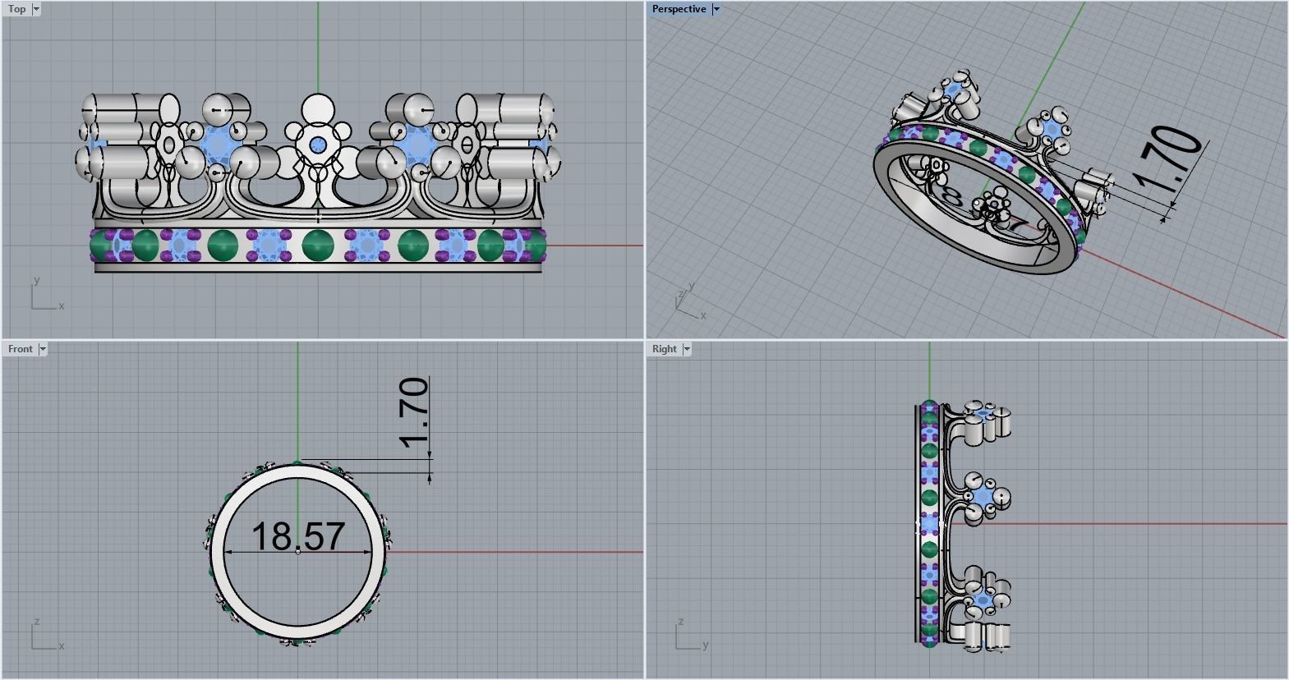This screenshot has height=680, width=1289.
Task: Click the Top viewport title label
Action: tap(16, 9)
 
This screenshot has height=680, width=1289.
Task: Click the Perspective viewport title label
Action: tap(679, 9)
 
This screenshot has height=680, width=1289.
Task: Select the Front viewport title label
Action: tap(20, 349)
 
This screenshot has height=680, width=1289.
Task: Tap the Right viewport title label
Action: tap(664, 349)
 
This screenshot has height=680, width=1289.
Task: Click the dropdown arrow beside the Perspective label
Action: tap(716, 9)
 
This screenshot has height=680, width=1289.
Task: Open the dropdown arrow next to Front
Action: tap(43, 349)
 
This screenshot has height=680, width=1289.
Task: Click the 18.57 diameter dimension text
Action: tap(297, 536)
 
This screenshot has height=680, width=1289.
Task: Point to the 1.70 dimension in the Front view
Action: tap(414, 412)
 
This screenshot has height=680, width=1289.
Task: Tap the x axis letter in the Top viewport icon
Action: tap(61, 306)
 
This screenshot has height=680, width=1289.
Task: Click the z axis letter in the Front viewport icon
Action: tap(37, 622)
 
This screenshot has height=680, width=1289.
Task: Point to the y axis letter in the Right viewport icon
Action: tap(706, 646)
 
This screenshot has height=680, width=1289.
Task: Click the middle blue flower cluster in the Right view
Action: tap(983, 499)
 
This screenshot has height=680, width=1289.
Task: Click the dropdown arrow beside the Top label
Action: tap(36, 9)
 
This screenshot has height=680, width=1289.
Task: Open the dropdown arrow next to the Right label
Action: tap(687, 349)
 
